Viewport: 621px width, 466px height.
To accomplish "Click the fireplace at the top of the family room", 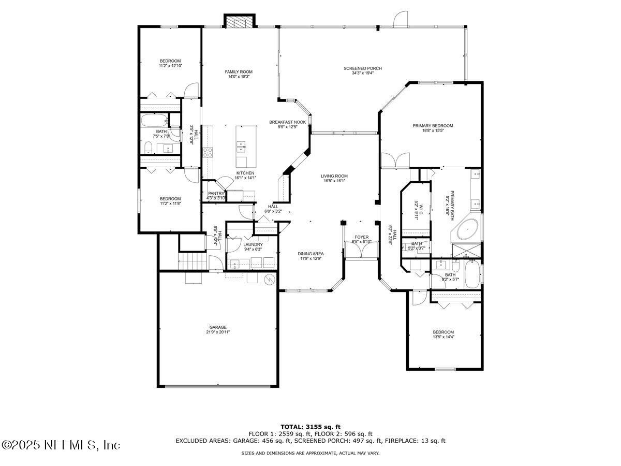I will (240, 21).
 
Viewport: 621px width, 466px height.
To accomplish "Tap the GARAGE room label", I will (218, 327).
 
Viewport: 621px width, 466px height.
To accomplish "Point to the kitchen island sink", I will (240, 150).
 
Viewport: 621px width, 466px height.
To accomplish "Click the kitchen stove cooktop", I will (208, 152).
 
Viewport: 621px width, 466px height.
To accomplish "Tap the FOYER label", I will (362, 237).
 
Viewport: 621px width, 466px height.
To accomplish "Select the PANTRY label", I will (215, 193).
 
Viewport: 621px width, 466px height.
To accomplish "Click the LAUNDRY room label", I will (253, 244).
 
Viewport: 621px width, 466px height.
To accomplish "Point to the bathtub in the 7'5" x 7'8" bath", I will (155, 121).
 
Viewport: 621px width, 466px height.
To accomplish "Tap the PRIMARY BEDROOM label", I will (433, 125).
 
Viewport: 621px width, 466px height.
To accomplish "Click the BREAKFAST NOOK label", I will (287, 122).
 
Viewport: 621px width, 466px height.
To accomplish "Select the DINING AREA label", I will (310, 254).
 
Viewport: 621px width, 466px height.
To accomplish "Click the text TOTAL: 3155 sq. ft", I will (310, 427).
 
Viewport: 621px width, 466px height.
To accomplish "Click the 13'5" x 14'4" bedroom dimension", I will (443, 337).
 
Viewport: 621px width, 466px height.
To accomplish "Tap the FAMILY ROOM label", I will (239, 71).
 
